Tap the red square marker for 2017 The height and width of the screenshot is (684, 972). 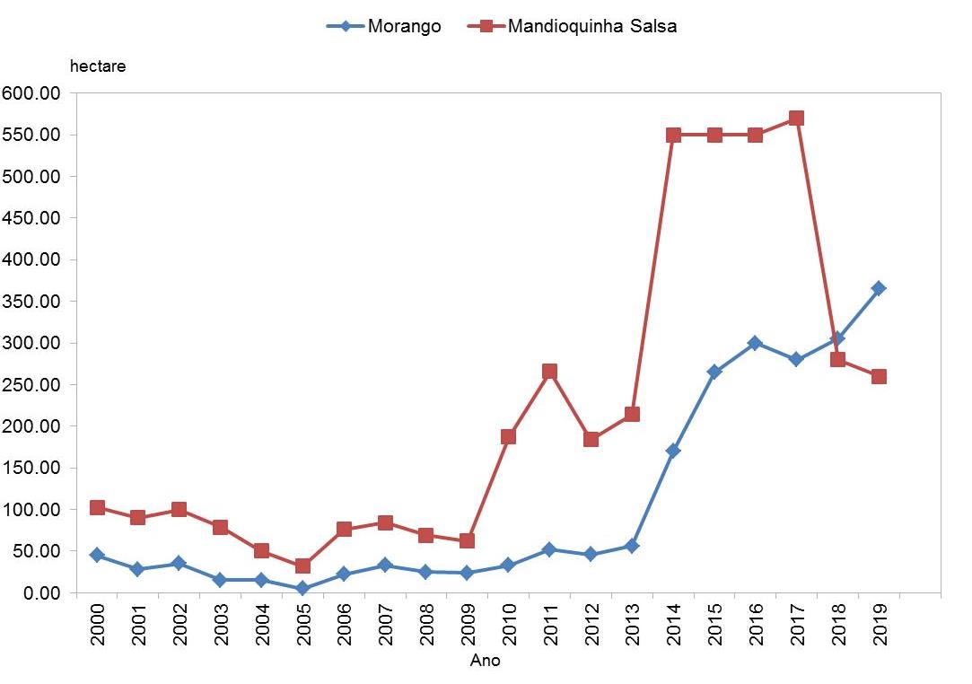pyautogui.click(x=796, y=118)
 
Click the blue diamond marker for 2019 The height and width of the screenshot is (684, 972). pyautogui.click(x=879, y=288)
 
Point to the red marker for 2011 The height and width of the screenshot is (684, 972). pyautogui.click(x=549, y=372)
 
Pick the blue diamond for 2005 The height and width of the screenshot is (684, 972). pyautogui.click(x=302, y=589)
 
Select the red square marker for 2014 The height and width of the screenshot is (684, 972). pyautogui.click(x=673, y=135)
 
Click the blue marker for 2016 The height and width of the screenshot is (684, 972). pyautogui.click(x=755, y=343)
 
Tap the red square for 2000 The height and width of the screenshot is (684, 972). pyautogui.click(x=97, y=508)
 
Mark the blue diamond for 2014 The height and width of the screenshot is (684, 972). pyautogui.click(x=673, y=451)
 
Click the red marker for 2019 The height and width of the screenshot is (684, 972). pyautogui.click(x=879, y=376)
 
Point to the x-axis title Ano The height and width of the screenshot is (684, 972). pyautogui.click(x=486, y=662)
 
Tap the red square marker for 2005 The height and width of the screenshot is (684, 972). pyautogui.click(x=302, y=566)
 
